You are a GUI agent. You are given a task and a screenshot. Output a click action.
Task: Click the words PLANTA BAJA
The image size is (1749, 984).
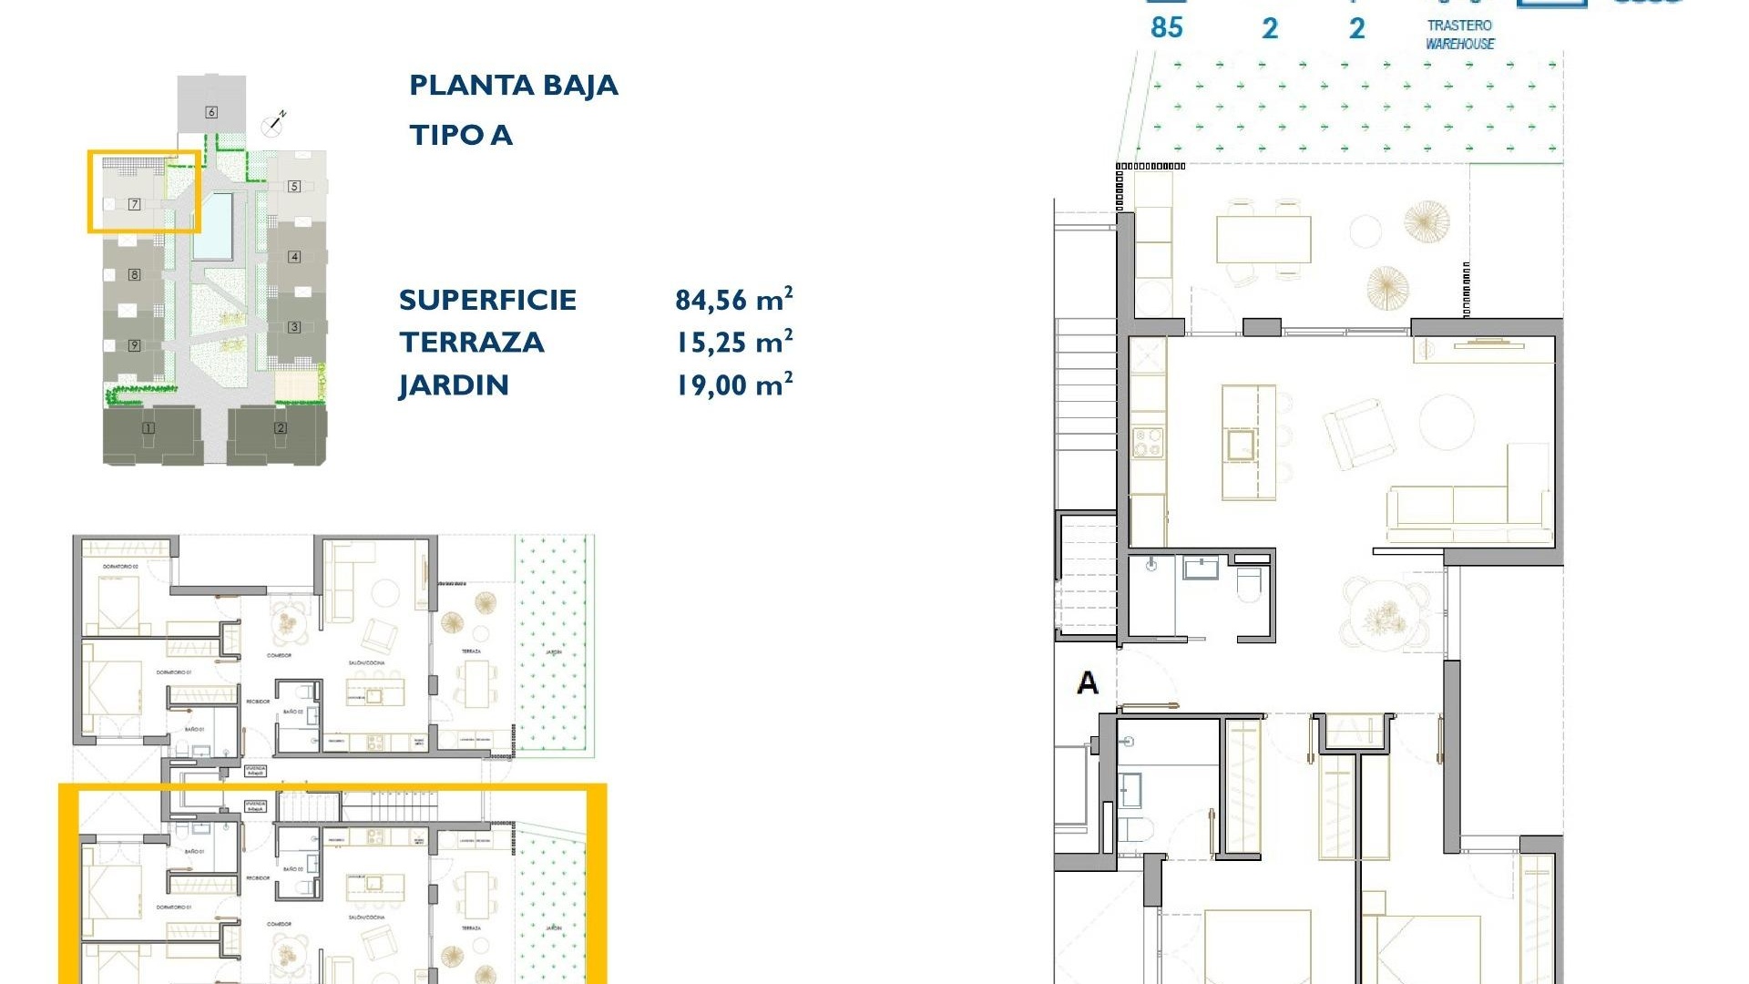514,86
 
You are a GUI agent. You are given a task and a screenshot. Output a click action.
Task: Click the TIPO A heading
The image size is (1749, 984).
461,136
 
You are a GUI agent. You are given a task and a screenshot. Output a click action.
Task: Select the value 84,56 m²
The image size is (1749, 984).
733,299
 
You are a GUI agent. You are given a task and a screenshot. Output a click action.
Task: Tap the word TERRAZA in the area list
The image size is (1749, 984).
472,343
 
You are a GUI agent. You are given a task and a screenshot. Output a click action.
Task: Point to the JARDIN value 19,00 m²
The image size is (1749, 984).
733,384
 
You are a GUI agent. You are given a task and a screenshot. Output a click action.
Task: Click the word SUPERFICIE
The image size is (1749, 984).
487,300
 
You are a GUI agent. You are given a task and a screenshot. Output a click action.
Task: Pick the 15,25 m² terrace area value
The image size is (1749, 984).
733,342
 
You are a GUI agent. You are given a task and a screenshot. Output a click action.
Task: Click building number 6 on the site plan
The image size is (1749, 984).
211,112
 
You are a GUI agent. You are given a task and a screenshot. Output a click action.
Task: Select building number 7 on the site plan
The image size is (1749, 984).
134,204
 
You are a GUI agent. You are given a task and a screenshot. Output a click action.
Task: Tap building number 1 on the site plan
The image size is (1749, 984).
148,428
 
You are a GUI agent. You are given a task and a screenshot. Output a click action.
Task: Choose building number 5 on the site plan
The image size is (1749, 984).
294,186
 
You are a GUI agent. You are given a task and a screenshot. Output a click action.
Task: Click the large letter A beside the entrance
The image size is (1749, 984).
1087,682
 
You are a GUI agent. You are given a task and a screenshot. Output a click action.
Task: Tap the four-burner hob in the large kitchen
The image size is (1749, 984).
1148,443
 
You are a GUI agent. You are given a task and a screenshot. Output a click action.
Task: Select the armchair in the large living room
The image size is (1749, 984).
1358,434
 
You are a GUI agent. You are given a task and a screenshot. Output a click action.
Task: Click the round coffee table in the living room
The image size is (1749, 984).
1447,421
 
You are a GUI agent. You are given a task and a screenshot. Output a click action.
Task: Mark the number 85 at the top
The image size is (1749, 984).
1166,27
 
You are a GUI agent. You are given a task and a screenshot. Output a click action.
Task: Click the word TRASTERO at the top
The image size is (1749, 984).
1459,26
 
